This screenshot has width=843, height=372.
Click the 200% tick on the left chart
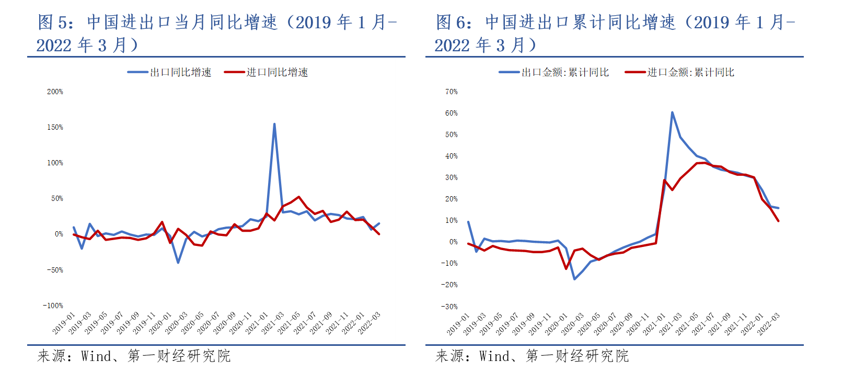[x=55, y=92]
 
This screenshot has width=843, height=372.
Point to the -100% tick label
[x=53, y=306]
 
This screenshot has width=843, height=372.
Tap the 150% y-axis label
[x=55, y=127]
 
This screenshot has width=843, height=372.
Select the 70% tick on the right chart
[x=451, y=92]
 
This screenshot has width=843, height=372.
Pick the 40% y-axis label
[x=451, y=156]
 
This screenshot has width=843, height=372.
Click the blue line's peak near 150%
[x=274, y=124]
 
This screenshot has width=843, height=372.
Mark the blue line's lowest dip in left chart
[x=178, y=263]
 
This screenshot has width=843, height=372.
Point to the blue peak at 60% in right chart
[x=672, y=112]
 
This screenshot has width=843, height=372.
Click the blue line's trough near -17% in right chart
[x=574, y=279]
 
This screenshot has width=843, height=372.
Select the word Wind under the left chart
[x=96, y=356]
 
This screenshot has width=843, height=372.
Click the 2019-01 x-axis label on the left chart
[x=64, y=323]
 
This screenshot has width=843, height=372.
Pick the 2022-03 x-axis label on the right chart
[x=768, y=323]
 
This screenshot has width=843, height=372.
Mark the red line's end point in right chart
[x=778, y=221]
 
